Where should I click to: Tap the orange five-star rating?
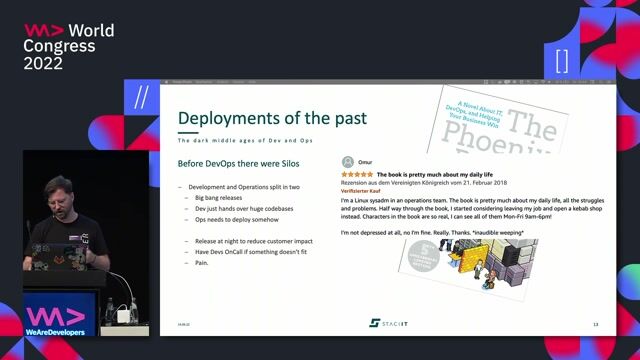click(x=357, y=174)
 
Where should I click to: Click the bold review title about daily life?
click(x=434, y=174)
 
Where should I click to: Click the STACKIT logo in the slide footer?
click(x=387, y=323)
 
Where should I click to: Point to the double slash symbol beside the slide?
click(x=141, y=97)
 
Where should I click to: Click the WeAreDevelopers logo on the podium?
click(x=55, y=319)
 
